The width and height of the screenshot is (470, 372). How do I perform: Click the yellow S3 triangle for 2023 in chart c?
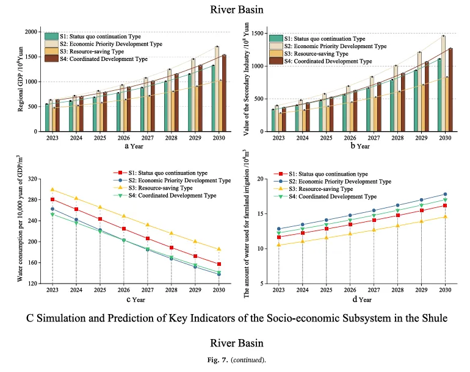pyautogui.click(x=52, y=190)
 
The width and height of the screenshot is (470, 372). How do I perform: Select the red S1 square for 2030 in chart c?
pyautogui.click(x=219, y=264)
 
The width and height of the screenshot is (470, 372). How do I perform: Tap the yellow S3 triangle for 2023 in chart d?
pyautogui.click(x=279, y=245)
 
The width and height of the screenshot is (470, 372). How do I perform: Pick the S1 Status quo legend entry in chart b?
pyautogui.click(x=324, y=38)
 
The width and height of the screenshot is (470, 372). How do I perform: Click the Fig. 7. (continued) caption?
pyautogui.click(x=235, y=362)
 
